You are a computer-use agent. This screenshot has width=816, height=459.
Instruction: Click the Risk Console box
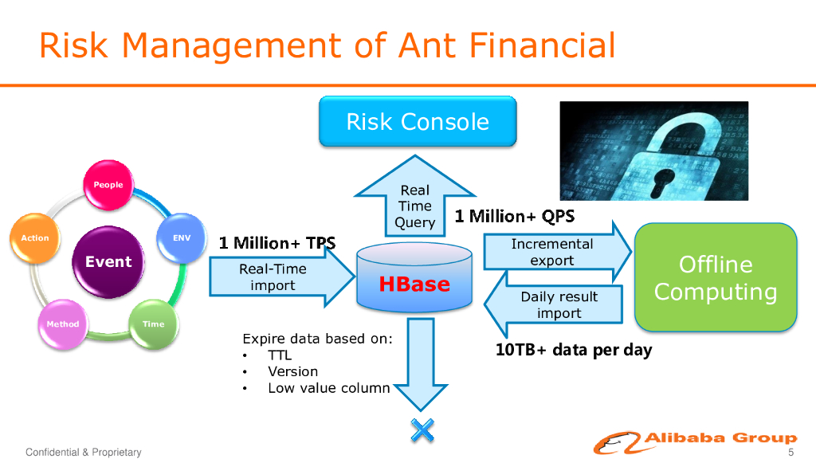point(418,121)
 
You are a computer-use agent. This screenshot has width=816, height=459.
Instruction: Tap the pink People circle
point(108,185)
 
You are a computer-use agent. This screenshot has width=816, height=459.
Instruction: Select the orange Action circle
point(35,238)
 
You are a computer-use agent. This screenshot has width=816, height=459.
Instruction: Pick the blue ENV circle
point(182,237)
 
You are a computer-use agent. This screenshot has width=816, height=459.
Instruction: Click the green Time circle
point(154,324)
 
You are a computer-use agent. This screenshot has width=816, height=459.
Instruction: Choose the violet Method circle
point(63,324)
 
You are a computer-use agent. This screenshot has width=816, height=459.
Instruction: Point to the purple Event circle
point(108,261)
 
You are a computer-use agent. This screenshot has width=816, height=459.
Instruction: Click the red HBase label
point(414,284)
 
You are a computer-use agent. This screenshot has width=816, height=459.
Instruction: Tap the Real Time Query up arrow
point(414,197)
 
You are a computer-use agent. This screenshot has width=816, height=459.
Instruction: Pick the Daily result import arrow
point(553,304)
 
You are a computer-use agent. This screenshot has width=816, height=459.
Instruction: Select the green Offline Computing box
point(716,277)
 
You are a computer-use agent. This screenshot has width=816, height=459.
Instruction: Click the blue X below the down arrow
point(422,430)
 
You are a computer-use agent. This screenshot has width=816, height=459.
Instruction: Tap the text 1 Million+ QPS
point(515,216)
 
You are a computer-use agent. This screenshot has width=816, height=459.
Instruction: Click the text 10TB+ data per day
point(574,350)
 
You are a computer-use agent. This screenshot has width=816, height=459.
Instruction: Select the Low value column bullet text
point(329,388)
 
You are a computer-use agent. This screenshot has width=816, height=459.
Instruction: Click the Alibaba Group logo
point(695,442)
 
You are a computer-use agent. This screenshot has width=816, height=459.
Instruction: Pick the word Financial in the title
point(542,45)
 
